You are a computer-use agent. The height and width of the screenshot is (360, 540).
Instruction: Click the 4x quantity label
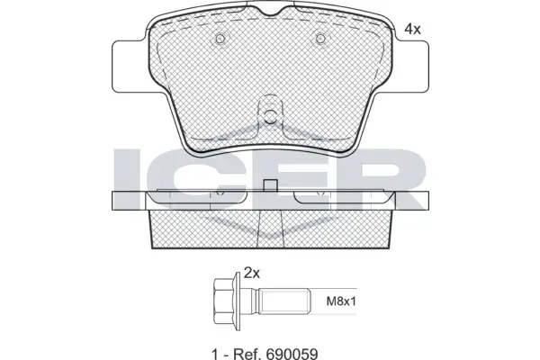412,30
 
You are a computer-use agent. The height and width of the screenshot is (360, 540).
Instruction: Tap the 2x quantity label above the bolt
251,274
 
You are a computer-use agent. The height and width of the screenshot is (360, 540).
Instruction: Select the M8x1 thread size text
341,301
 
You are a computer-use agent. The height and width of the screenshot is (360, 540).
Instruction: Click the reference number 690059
291,354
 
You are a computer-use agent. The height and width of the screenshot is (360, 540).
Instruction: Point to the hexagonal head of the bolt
223,301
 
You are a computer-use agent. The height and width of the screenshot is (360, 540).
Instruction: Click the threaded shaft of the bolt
285,301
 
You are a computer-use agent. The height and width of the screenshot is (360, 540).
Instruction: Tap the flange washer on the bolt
236,301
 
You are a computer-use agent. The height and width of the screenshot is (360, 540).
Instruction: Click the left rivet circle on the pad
220,38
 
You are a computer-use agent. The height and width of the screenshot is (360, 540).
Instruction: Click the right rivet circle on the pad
320,38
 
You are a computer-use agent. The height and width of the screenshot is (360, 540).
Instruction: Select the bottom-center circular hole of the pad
270,116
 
